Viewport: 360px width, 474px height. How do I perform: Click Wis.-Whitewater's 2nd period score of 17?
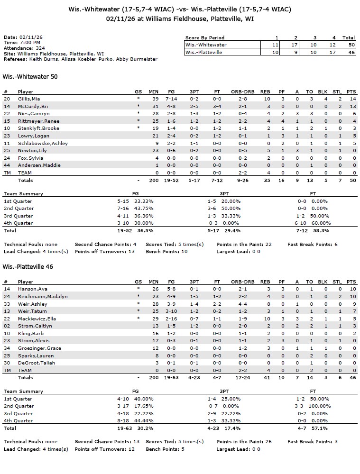(295, 45)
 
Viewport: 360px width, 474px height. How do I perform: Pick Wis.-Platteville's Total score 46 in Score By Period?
(349, 53)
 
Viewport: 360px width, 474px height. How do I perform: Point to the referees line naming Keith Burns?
(81, 59)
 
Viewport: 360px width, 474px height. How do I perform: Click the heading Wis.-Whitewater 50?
(30, 76)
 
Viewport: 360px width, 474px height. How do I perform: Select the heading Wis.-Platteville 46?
(28, 267)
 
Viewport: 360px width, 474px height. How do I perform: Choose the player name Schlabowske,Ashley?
(43, 143)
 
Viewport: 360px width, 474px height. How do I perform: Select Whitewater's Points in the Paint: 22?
(244, 245)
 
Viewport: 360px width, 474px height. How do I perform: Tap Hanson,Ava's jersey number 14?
(7, 289)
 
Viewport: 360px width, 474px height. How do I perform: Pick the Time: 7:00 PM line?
(22, 43)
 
